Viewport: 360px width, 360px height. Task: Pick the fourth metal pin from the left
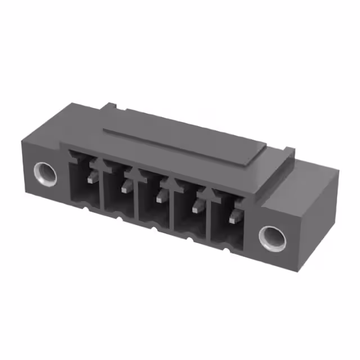tap(197, 207)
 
